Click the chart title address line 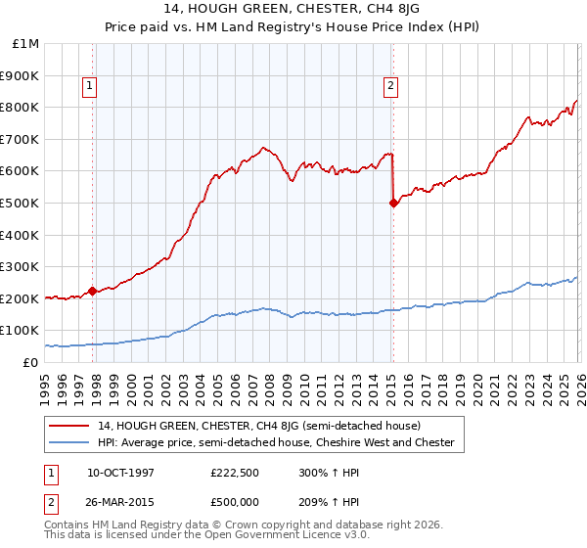click(x=293, y=11)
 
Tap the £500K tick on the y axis click(x=22, y=203)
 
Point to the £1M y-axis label click(x=26, y=44)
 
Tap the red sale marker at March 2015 click(x=393, y=203)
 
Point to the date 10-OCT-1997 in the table click(x=120, y=473)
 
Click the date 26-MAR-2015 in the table click(x=120, y=502)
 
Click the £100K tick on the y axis click(x=22, y=330)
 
